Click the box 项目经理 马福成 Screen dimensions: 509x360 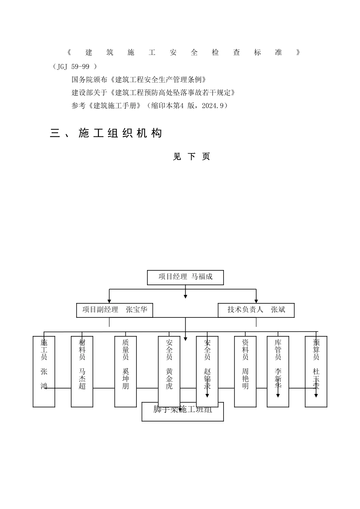[185, 277]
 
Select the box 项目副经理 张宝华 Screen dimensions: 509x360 [114, 310]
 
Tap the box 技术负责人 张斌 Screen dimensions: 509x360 [256, 310]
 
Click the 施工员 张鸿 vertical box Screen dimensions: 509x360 [44, 371]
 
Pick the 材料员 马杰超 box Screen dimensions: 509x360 [82, 371]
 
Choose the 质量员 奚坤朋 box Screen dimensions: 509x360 [125, 371]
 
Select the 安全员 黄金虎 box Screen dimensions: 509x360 [169, 371]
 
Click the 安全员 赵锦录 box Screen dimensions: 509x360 [207, 371]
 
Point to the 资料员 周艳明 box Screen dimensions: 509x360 [245, 371]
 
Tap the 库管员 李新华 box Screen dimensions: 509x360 [278, 371]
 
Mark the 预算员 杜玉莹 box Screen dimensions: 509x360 [316, 371]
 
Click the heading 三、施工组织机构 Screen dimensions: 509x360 [106, 133]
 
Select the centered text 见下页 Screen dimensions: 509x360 [191, 157]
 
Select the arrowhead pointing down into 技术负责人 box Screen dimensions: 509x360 [256, 301]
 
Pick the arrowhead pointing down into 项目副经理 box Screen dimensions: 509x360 [110, 301]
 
